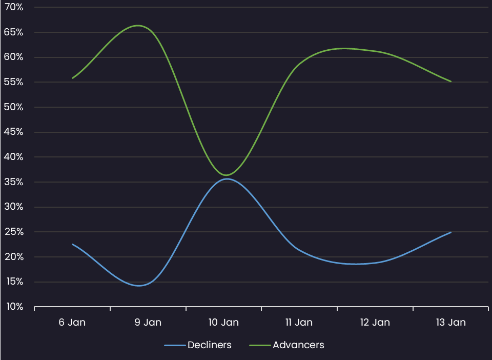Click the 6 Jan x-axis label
[72, 323]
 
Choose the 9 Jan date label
[148, 323]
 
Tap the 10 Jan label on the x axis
[223, 323]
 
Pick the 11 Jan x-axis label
[299, 323]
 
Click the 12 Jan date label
[375, 323]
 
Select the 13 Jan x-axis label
[450, 323]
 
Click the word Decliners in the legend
[209, 345]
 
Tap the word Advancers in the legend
[298, 345]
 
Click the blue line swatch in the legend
[175, 345]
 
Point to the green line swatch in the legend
[260, 345]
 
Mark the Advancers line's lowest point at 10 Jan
[226, 175]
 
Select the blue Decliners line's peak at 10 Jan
[226, 178]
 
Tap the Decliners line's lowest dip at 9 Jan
[139, 286]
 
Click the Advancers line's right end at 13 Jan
[450, 81]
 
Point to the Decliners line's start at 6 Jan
[72, 244]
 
